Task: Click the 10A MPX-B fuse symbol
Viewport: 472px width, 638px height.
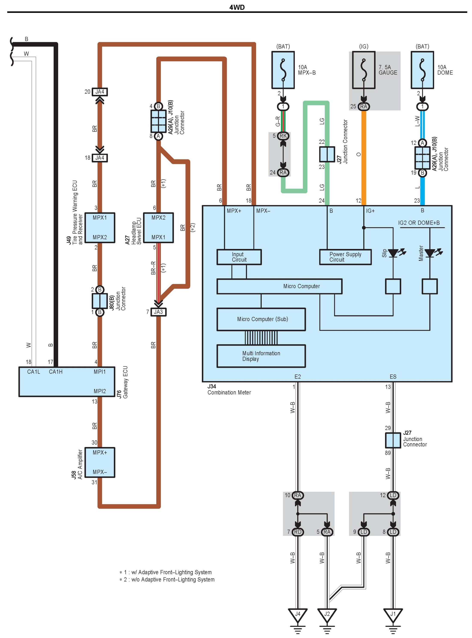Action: pyautogui.click(x=283, y=70)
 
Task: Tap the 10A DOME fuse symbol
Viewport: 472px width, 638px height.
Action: pyautogui.click(x=422, y=70)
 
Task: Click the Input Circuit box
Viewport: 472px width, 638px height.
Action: pyautogui.click(x=239, y=257)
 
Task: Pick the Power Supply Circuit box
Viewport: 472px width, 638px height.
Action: pyautogui.click(x=345, y=257)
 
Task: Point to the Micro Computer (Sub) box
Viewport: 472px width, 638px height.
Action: pyautogui.click(x=261, y=319)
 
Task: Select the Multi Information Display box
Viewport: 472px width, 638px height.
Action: pyautogui.click(x=261, y=356)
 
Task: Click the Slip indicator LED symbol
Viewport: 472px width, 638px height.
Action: pyautogui.click(x=393, y=253)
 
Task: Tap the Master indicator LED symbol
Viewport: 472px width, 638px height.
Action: pyautogui.click(x=430, y=253)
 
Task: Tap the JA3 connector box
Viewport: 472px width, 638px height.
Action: pyautogui.click(x=158, y=312)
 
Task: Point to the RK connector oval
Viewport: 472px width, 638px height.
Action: pyautogui.click(x=283, y=136)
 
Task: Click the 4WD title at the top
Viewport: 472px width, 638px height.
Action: pyautogui.click(x=237, y=7)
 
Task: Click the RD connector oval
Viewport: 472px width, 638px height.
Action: pyautogui.click(x=298, y=532)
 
